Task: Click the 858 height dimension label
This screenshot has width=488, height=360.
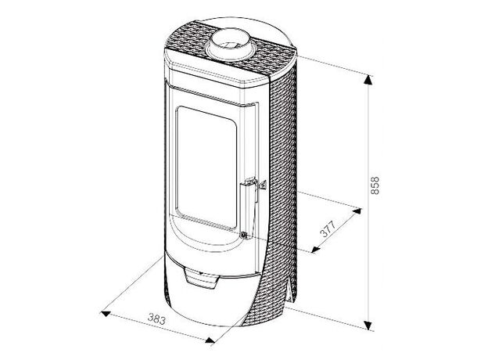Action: [375, 185]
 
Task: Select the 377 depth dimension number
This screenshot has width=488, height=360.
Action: [328, 229]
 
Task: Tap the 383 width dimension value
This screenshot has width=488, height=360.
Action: [156, 319]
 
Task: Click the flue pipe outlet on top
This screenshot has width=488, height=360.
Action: [230, 45]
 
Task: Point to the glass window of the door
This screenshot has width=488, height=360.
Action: [206, 167]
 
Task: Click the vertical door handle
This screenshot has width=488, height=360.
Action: [247, 209]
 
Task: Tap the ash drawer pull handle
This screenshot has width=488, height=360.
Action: [202, 278]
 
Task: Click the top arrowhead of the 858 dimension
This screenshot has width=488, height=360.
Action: [368, 80]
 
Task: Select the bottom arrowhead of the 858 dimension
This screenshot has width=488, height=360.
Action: [368, 325]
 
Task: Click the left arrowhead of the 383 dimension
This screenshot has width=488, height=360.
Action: [106, 314]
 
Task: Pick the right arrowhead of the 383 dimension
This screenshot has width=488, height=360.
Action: [210, 340]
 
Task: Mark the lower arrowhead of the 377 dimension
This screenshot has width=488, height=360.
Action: [316, 249]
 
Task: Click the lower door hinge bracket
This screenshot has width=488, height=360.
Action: [244, 235]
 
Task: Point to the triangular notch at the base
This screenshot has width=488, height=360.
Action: [289, 290]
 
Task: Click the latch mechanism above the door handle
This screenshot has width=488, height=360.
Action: [255, 184]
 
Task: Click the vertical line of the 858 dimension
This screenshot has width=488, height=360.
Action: [368, 203]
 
